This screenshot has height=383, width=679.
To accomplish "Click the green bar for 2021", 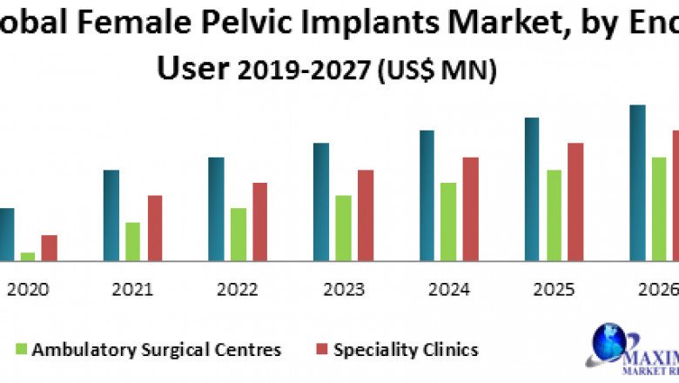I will [132, 241].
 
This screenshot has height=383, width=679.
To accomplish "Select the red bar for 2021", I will [154, 227].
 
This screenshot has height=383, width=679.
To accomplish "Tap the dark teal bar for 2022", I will [216, 208].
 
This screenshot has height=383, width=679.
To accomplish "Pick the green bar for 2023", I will [343, 227].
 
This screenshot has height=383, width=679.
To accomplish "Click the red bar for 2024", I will [470, 208].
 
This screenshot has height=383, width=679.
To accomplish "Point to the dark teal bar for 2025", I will [532, 188].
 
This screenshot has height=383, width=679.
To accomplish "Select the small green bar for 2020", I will [28, 256].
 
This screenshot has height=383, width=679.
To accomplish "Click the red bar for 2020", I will [49, 247].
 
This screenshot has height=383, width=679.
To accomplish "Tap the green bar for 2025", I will [555, 215].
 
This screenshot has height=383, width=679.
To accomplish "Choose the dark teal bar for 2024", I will [427, 195].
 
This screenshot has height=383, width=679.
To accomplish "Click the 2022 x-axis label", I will [238, 289].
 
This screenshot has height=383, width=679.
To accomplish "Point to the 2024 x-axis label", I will [448, 289].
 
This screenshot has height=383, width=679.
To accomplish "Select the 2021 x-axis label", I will [132, 289].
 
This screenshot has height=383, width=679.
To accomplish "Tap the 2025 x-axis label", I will [554, 289].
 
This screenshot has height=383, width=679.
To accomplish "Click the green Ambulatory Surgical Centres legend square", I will [23, 349].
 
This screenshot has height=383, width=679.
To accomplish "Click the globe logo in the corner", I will [608, 342].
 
